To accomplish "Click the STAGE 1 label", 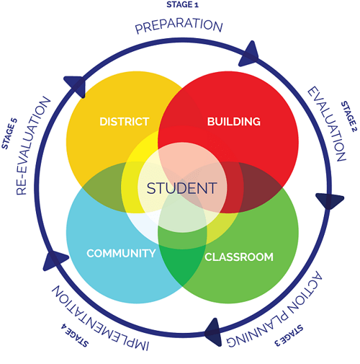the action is coord(182,4).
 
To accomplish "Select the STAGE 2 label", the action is coord(349,117).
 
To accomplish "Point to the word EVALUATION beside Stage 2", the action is coord(327,124).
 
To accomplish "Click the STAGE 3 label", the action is coord(289,336).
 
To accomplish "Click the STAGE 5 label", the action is coord(9,133).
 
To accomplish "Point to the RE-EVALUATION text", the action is coord(33,146).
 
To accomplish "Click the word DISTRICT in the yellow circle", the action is coord(125,122).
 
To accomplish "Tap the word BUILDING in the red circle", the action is coord(234,122).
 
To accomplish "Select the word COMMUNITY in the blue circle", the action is coord(121,253).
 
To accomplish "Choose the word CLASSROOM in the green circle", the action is coord(239,257).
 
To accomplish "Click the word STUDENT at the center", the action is coord(182,188).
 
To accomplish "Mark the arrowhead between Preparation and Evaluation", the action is coord(250,55).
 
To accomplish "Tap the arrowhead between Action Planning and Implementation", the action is coord(213,332).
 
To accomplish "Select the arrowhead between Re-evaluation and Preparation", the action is coord(76,85).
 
